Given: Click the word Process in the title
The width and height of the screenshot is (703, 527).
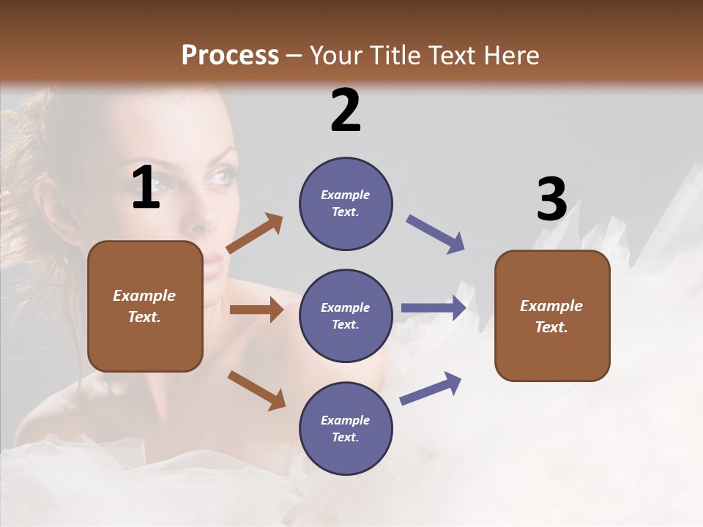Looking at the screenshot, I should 230,56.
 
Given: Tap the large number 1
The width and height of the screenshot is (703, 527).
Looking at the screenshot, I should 146,187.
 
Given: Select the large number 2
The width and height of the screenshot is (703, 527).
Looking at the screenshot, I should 346,110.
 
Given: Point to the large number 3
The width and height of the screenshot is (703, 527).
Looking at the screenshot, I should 552,200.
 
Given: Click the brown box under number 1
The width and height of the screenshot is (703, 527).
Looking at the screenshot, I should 145,306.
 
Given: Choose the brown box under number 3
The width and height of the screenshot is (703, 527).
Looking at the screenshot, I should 552,315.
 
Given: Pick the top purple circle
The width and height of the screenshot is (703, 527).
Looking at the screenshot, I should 346,203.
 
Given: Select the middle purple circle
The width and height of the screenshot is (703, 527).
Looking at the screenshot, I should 346,315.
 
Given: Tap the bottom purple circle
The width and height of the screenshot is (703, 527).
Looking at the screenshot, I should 346,428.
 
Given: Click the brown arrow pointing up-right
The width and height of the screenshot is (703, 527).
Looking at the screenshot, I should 255,233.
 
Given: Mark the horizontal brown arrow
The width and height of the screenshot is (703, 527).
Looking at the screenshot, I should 256,310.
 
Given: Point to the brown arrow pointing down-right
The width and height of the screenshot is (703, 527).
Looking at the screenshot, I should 256,389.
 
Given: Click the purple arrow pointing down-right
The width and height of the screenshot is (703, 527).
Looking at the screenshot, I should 435,233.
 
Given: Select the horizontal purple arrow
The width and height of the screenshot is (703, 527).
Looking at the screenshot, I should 433,308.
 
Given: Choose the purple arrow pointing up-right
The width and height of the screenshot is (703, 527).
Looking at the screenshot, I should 431,388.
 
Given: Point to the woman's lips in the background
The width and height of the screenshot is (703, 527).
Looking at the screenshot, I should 214,261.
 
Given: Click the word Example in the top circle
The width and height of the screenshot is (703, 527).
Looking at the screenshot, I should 346,195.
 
